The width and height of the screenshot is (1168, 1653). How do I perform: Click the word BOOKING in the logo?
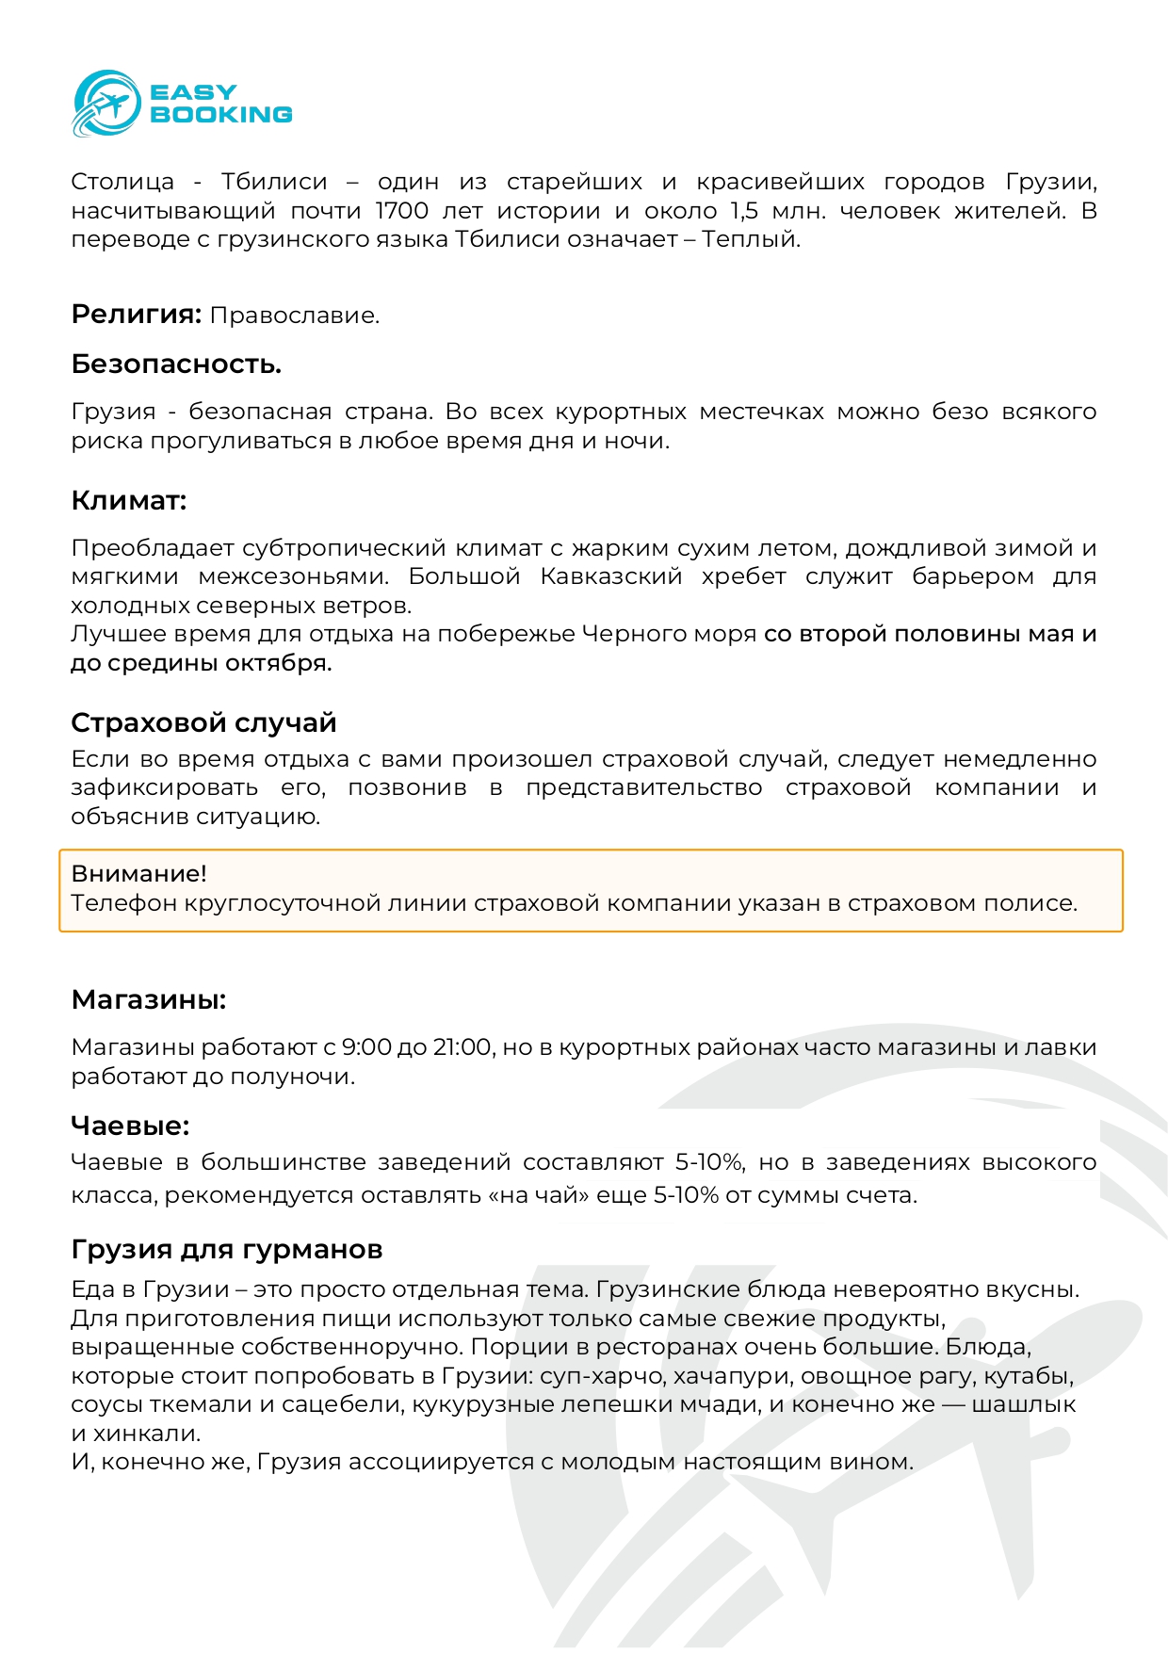(x=221, y=115)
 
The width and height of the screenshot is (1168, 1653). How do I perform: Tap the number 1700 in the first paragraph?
(x=402, y=211)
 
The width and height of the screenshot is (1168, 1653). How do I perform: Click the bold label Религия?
(x=137, y=315)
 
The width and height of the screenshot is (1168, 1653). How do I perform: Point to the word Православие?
(x=294, y=316)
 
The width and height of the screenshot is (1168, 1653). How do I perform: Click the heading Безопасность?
(x=176, y=365)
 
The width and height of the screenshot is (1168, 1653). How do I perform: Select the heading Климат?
(x=129, y=501)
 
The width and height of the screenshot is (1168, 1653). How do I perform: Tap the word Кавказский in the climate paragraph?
(x=610, y=576)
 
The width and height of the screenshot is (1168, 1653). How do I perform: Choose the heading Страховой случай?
(x=203, y=723)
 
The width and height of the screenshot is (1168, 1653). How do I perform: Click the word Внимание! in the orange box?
(x=139, y=874)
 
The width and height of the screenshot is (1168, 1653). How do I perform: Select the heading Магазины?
(x=149, y=1000)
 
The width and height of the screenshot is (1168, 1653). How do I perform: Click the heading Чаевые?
(x=130, y=1126)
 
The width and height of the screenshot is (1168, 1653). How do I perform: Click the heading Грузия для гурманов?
(x=227, y=1250)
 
